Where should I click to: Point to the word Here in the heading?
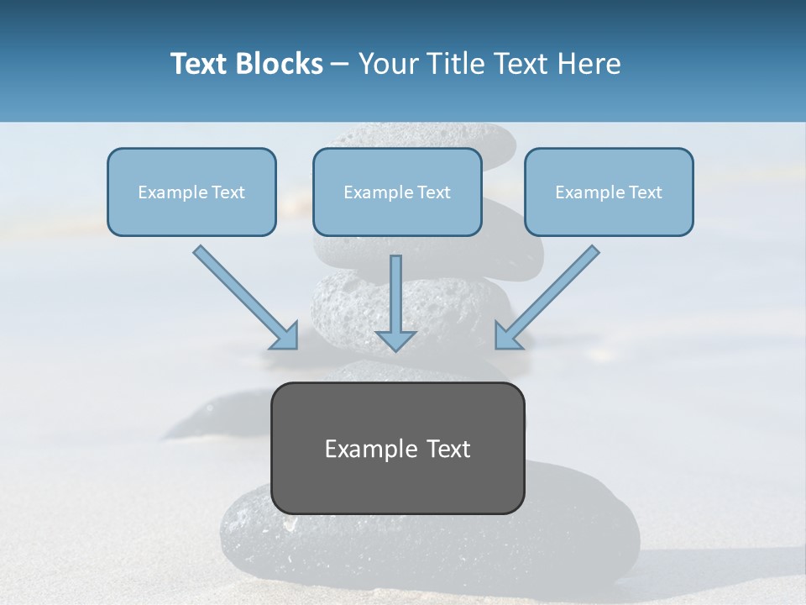pos(590,64)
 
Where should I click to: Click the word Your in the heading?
pos(390,64)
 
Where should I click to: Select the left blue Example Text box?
pos(191,192)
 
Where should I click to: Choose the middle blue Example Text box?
pos(397,192)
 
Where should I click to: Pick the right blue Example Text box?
pos(609,192)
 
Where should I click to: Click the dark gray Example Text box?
pos(397,448)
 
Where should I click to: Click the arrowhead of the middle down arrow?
pos(395,339)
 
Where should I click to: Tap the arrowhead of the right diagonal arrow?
pos(506,336)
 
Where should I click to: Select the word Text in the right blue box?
pos(645,192)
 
